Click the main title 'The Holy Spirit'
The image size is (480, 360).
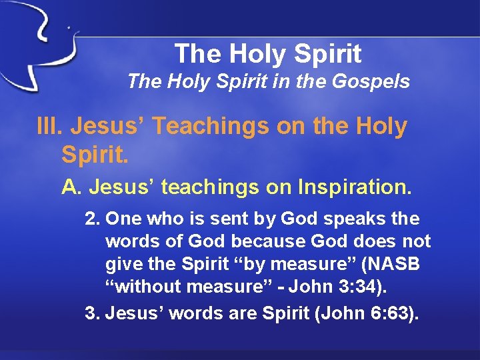tap(268, 53)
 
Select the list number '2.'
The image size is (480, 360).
tap(92, 219)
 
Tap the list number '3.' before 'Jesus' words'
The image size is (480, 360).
tap(92, 313)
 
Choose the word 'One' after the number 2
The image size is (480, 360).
tap(123, 219)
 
